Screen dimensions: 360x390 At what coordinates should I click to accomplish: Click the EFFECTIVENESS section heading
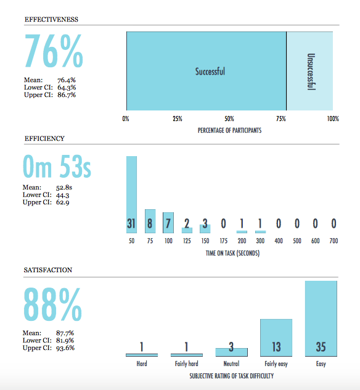[51, 19]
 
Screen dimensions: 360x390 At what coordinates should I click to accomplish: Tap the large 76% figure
[54, 51]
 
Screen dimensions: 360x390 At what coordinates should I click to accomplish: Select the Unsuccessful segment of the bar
[309, 71]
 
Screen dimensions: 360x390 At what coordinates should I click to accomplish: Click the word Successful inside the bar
[210, 72]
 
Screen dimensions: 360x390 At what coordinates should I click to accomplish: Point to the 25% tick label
[178, 118]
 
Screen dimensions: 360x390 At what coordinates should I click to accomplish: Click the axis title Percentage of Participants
[229, 130]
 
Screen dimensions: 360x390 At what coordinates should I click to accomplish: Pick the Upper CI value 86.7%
[67, 95]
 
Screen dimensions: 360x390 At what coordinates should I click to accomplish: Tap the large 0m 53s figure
[57, 167]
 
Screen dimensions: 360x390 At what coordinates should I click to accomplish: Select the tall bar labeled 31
[131, 194]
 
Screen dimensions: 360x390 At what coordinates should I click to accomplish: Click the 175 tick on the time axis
[223, 241]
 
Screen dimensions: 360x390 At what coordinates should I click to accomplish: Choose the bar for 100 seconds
[168, 223]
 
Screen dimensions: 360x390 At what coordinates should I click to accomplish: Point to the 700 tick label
[333, 241]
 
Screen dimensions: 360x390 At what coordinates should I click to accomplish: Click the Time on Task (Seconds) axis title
[232, 253]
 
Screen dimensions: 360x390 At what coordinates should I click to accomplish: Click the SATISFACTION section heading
[48, 270]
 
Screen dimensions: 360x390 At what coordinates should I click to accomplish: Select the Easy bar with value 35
[321, 318]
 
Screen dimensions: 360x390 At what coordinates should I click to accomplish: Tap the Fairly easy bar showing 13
[276, 338]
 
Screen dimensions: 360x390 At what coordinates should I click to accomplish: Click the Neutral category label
[231, 363]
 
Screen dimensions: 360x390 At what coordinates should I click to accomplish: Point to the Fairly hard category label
[187, 364]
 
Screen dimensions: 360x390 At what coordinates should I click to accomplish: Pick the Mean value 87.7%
[65, 333]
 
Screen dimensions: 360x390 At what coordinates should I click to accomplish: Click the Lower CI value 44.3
[63, 195]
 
